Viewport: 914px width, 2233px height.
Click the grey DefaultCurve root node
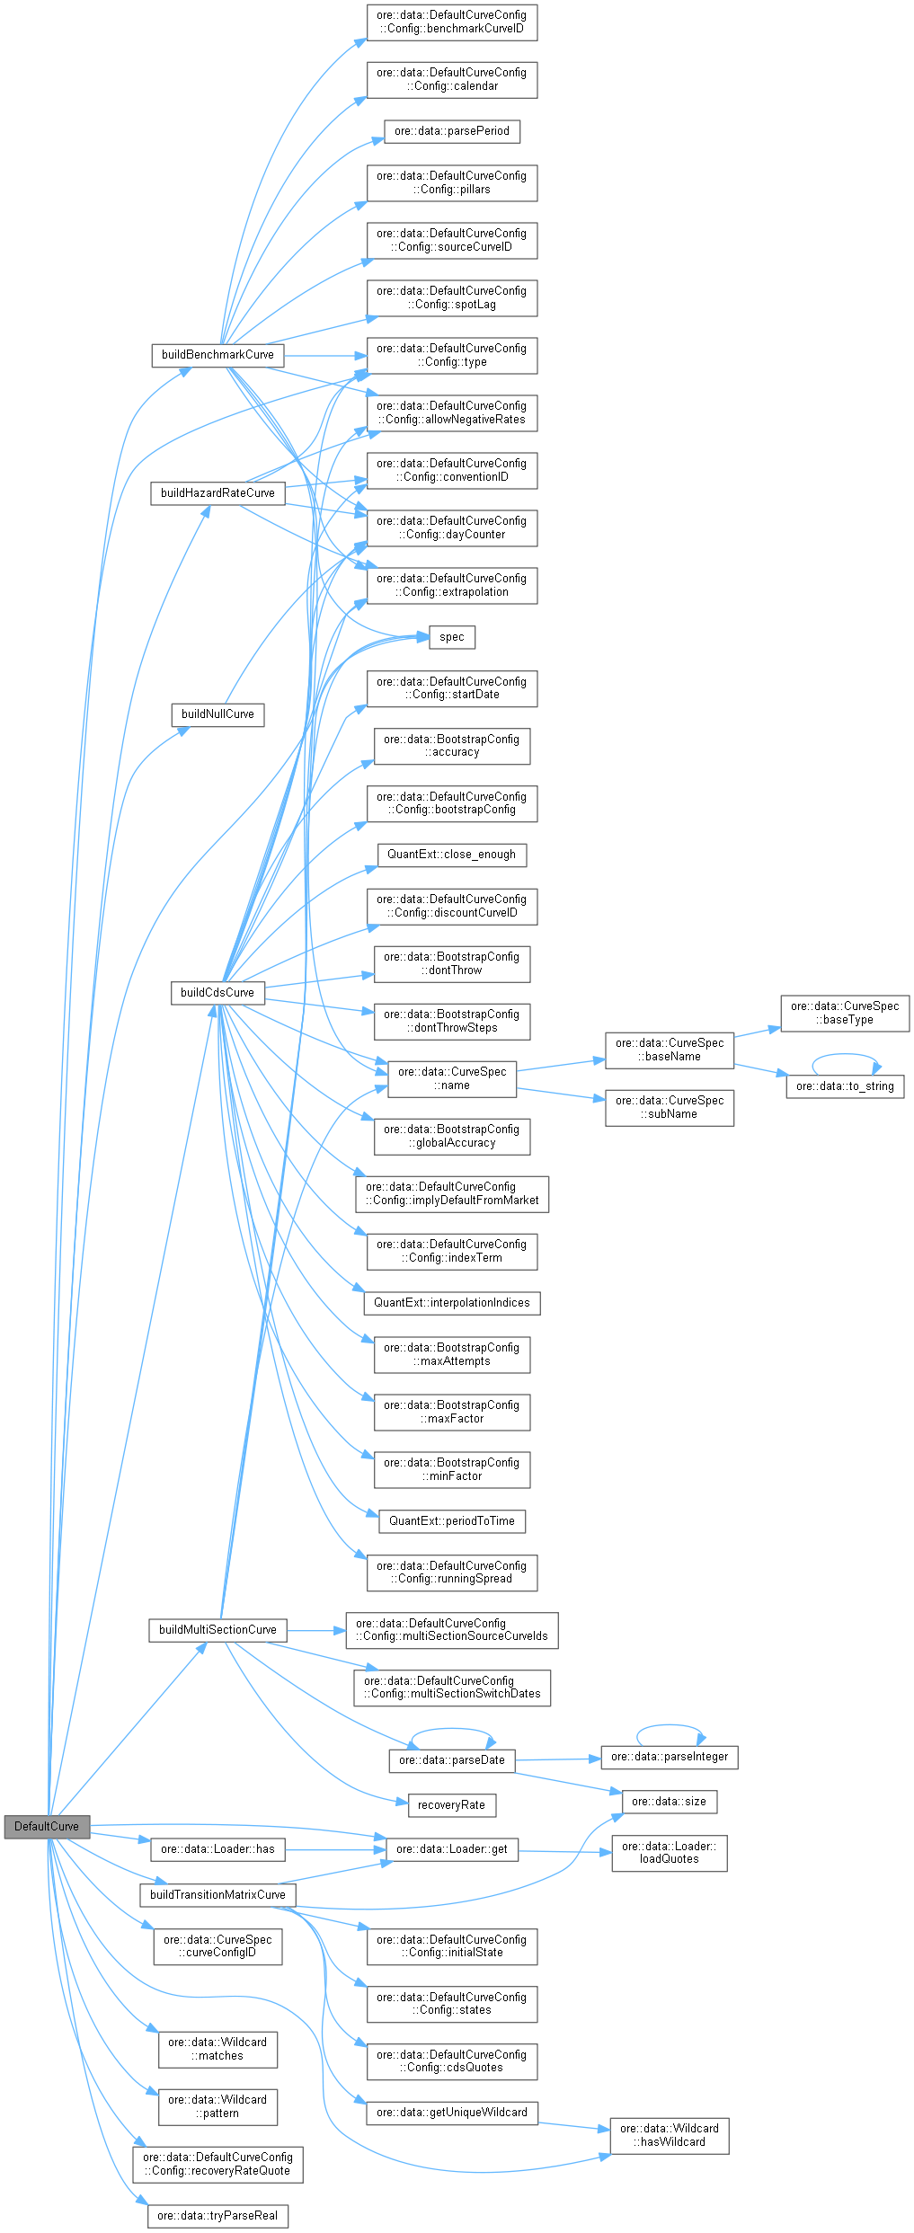click(47, 1826)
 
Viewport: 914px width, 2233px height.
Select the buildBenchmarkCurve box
click(217, 355)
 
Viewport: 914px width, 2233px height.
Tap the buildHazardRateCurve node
click(217, 493)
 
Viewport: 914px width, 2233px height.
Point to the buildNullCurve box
click(217, 714)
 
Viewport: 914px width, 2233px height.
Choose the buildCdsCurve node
click(217, 993)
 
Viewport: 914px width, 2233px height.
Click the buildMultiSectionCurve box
click(217, 1629)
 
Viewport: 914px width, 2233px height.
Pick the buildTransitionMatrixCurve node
click(217, 1894)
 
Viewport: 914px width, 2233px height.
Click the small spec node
click(451, 637)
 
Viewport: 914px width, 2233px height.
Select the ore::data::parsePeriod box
click(451, 131)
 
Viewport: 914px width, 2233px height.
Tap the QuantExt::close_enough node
click(451, 855)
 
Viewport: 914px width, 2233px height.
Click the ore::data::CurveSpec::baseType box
click(844, 1013)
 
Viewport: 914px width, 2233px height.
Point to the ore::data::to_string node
click(844, 1086)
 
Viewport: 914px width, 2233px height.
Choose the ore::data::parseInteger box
click(669, 1756)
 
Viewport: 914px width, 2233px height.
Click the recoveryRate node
click(451, 1804)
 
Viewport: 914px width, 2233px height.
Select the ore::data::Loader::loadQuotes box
click(669, 1852)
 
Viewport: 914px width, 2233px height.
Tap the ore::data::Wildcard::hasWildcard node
click(669, 2135)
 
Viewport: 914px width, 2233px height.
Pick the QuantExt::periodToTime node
click(451, 1521)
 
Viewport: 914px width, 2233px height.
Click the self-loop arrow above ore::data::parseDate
click(452, 1728)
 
